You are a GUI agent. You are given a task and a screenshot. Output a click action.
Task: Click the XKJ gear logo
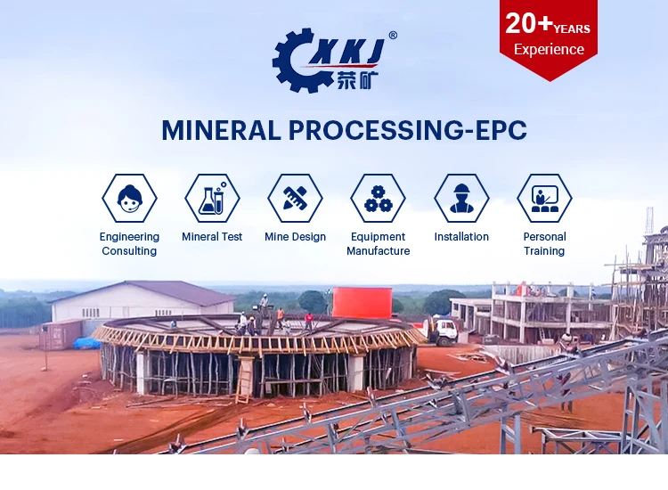click(x=328, y=60)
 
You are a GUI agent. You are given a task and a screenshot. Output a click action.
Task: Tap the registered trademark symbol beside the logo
click(x=393, y=36)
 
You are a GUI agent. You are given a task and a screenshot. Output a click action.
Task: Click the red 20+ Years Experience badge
click(x=549, y=39)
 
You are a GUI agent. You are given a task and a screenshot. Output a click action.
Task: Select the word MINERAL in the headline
click(x=221, y=130)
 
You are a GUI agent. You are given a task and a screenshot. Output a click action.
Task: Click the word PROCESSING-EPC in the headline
click(x=408, y=130)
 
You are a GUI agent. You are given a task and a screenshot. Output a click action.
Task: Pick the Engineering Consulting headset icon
click(x=129, y=198)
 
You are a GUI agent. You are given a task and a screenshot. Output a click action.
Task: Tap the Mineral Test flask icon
click(x=212, y=198)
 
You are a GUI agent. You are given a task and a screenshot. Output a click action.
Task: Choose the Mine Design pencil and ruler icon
click(x=295, y=198)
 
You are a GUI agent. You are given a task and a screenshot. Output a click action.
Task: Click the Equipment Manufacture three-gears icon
click(x=378, y=198)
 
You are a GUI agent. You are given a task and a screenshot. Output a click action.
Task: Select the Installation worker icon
click(x=461, y=198)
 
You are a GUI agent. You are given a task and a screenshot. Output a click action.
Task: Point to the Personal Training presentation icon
click(x=544, y=198)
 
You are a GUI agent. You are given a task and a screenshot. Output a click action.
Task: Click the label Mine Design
click(x=295, y=237)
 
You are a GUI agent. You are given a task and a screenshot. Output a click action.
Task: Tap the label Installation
click(x=461, y=237)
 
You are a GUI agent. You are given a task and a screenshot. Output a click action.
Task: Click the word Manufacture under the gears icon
click(x=379, y=251)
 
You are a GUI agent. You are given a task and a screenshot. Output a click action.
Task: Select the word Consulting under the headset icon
click(x=129, y=251)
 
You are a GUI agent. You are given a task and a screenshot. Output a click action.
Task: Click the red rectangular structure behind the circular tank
click(x=362, y=303)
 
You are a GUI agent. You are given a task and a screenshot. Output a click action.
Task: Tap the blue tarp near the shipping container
click(x=86, y=343)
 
